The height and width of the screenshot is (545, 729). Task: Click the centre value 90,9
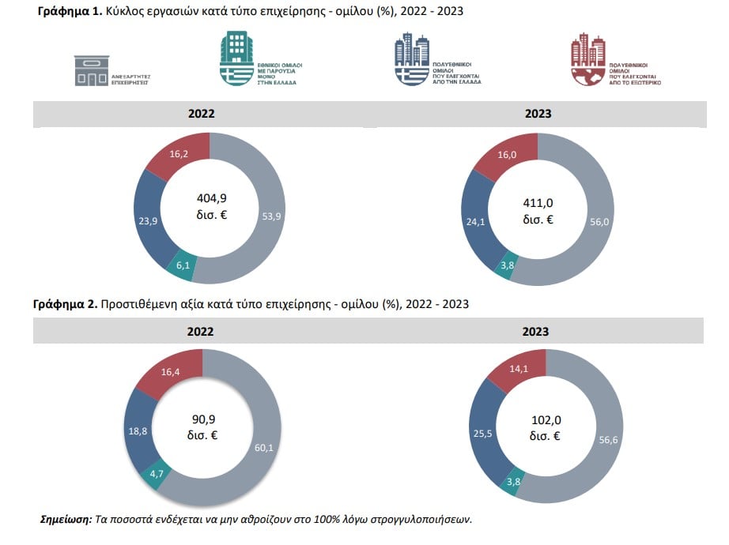203,419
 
